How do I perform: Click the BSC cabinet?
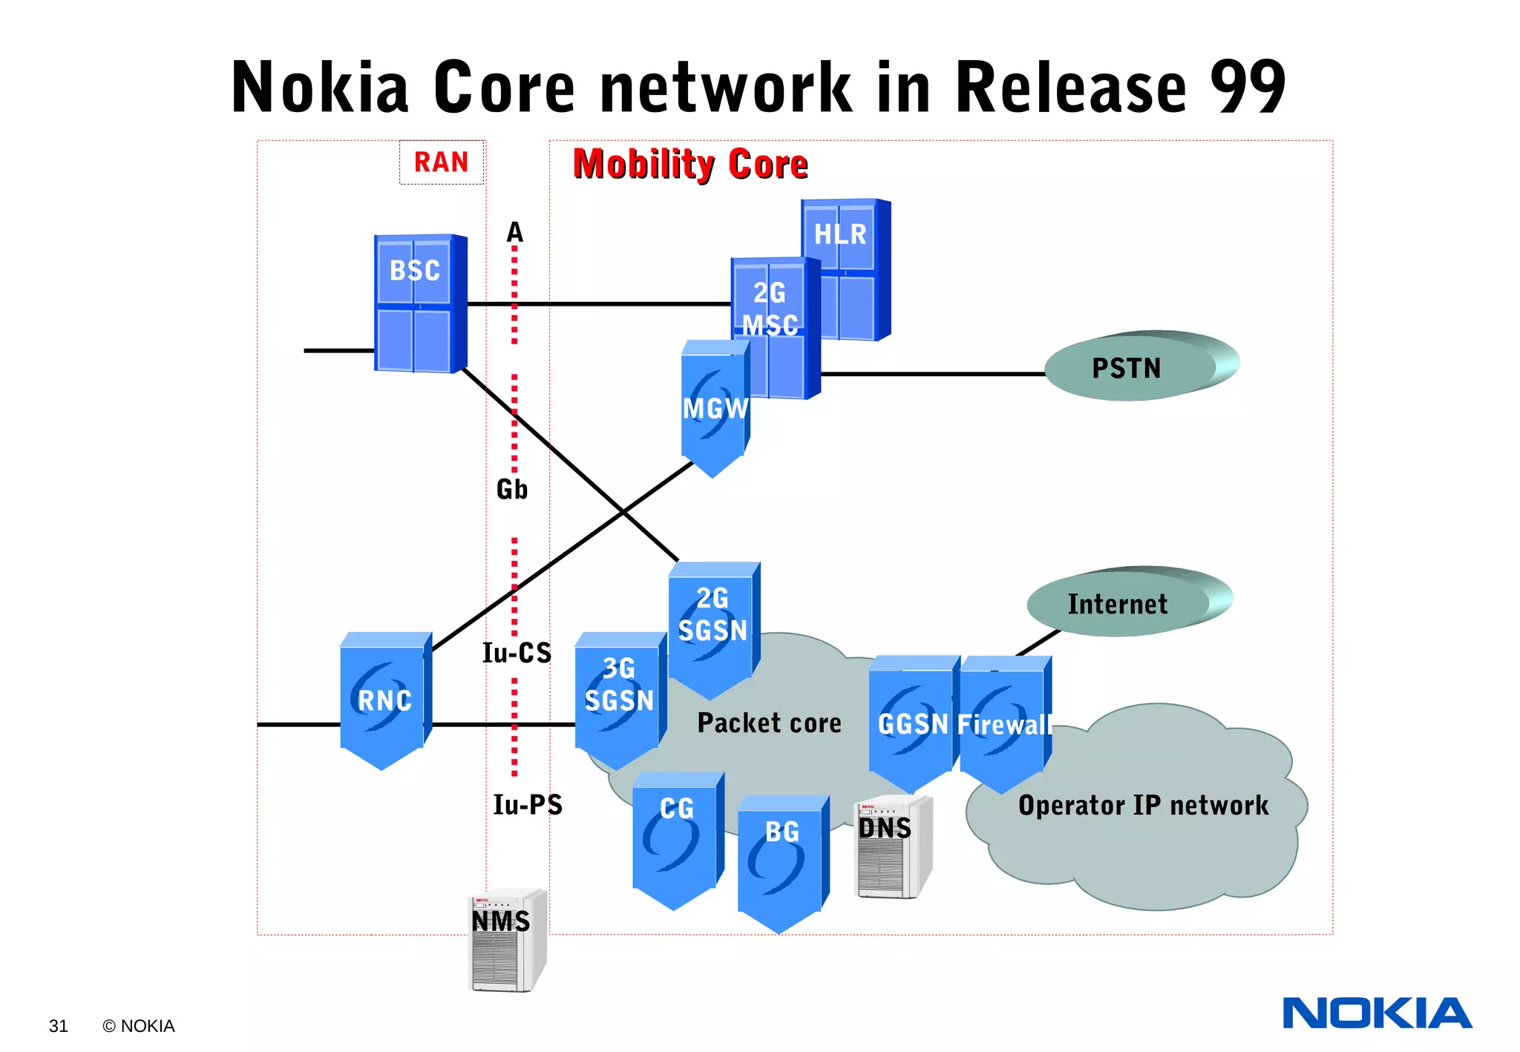point(419,304)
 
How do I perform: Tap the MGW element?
point(714,408)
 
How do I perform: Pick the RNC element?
point(384,701)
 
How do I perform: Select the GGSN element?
point(912,723)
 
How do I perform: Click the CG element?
point(676,838)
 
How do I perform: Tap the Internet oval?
point(1124,603)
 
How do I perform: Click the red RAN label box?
point(442,162)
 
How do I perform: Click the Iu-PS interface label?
point(528,805)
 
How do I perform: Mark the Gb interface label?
point(511,490)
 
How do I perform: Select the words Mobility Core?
point(689,164)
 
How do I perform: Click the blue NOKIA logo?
point(1377,1013)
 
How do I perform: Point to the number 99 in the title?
point(1247,87)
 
